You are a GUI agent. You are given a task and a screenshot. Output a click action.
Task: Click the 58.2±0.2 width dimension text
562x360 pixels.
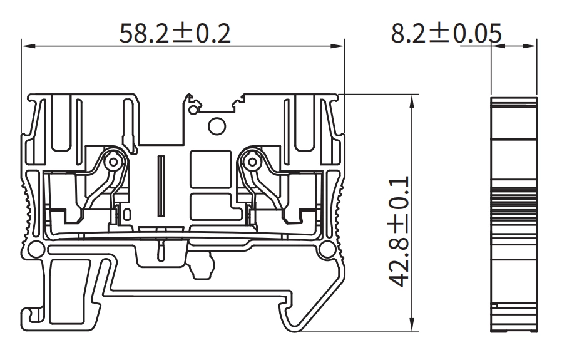[176, 33]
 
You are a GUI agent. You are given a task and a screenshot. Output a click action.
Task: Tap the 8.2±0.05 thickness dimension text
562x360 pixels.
[446, 33]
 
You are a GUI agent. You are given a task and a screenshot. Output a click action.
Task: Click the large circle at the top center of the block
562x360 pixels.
[216, 127]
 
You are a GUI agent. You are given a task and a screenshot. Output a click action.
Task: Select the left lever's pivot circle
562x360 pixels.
[113, 162]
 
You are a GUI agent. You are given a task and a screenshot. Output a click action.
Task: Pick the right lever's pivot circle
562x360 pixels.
[253, 162]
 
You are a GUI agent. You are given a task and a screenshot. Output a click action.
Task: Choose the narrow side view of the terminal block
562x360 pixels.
[513, 213]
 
